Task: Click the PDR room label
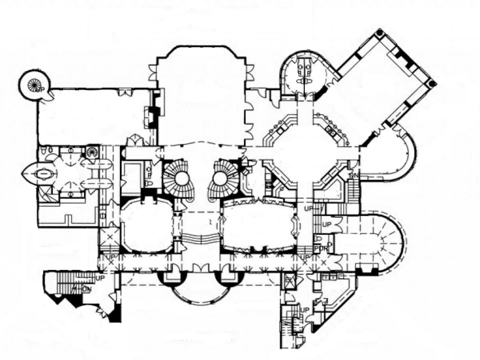(x=321, y=247)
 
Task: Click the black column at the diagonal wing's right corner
(x=432, y=83)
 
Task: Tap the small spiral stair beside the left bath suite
(x=91, y=152)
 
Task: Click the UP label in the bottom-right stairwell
(x=305, y=310)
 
